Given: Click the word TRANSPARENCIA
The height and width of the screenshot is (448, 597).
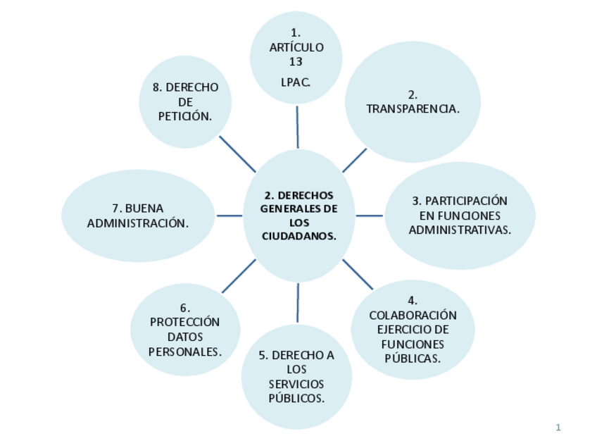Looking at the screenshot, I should click(413, 109).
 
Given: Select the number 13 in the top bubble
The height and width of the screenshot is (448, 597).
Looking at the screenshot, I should click(296, 62).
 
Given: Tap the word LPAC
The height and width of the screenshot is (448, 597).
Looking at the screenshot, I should click(296, 82).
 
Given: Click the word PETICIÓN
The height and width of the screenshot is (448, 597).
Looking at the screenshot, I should click(185, 117).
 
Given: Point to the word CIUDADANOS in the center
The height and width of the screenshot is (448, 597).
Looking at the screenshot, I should click(298, 237).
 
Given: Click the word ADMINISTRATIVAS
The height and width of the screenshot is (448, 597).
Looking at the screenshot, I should click(460, 230).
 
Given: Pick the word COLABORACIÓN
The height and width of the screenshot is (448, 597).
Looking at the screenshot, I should click(413, 315).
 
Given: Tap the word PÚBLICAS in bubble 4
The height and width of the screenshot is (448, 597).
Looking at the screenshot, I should click(413, 359).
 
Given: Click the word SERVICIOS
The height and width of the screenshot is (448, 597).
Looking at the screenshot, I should click(296, 384).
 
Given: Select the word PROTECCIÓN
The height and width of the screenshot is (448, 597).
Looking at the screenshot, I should click(184, 322).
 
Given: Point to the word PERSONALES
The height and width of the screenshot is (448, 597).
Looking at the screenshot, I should click(184, 351).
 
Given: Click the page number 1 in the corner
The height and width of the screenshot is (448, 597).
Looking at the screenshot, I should click(558, 428).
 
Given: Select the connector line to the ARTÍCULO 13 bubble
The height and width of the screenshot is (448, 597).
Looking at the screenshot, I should click(297, 127).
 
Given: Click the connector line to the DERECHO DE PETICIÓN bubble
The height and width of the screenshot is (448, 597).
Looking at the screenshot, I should click(237, 154).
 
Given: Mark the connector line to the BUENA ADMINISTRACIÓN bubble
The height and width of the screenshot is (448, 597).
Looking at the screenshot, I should click(229, 216).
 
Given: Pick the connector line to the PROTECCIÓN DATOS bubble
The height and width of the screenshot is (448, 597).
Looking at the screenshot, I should click(239, 276).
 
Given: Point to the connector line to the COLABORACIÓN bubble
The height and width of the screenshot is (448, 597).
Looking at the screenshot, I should click(358, 275).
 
